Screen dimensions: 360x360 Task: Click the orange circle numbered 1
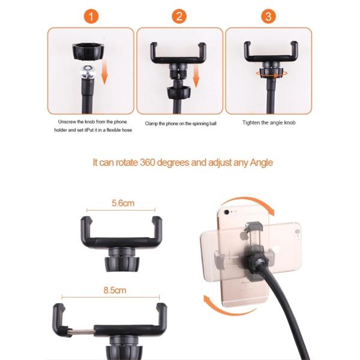click(91, 16)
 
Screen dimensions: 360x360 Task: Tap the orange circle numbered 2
click(179, 16)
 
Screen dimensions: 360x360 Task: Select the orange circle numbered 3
click(268, 16)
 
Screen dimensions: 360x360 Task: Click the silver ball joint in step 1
click(88, 71)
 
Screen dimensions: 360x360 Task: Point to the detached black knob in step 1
click(88, 52)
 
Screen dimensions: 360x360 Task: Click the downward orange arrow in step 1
click(104, 71)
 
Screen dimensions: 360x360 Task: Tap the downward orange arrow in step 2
click(196, 76)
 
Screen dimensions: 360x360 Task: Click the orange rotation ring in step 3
click(271, 74)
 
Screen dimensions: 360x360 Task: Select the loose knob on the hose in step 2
click(179, 92)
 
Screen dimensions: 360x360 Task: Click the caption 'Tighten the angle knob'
click(269, 123)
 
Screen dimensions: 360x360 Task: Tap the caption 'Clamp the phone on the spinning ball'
click(181, 124)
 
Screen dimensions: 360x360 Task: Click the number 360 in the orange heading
click(148, 163)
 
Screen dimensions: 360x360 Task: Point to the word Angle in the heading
click(261, 163)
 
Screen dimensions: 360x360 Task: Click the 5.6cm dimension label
click(123, 203)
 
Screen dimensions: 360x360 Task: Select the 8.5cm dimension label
click(115, 290)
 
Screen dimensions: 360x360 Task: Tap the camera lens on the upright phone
click(227, 212)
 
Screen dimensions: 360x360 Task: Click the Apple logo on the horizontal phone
click(243, 236)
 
